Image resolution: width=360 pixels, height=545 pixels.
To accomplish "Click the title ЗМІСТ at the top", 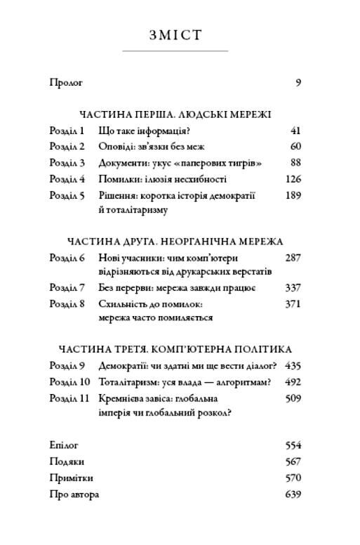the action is click(175, 36).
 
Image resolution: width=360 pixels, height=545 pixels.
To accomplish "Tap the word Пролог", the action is click(66, 83).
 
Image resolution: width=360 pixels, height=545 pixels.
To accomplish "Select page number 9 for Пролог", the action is click(298, 83).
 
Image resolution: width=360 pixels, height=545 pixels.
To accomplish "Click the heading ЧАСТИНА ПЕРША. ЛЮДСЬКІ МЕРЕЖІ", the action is click(175, 114).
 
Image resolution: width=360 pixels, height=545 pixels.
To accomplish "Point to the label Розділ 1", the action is click(67, 131).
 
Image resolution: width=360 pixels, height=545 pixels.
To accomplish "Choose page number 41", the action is click(295, 131).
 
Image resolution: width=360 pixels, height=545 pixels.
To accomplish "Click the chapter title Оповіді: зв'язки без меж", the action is click(150, 147).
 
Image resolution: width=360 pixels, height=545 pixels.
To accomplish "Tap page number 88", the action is click(295, 163).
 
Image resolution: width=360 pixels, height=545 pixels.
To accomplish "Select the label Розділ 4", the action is click(67, 179).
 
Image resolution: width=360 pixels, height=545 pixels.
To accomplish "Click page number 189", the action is click(293, 195).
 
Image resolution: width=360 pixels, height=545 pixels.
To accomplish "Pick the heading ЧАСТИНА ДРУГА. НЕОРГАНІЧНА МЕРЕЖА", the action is click(175, 242).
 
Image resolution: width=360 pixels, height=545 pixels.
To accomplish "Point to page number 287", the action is click(293, 258).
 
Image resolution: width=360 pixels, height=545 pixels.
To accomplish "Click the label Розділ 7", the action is click(67, 288).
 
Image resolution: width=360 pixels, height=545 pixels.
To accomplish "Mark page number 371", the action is click(293, 304).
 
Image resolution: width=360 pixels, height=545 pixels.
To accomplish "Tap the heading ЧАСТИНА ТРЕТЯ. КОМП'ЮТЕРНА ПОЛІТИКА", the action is click(175, 349).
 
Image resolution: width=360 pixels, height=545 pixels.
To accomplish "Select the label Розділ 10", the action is click(69, 382).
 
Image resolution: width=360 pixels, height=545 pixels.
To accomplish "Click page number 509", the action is click(293, 398).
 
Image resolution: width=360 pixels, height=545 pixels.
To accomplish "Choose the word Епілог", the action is click(64, 445).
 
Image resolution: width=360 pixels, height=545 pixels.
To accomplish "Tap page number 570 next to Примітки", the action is click(293, 478).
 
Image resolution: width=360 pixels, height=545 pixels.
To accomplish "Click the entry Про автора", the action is click(74, 494).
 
